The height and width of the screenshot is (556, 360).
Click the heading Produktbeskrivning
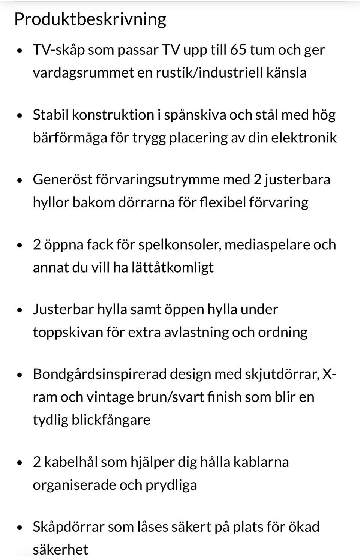click(90, 19)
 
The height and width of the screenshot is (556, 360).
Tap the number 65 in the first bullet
click(238, 49)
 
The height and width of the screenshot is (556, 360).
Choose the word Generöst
click(62, 179)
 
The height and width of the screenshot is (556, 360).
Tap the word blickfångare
click(111, 420)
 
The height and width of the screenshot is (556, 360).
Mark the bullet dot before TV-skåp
click(20, 50)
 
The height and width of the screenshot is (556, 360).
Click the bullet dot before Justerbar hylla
click(20, 310)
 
